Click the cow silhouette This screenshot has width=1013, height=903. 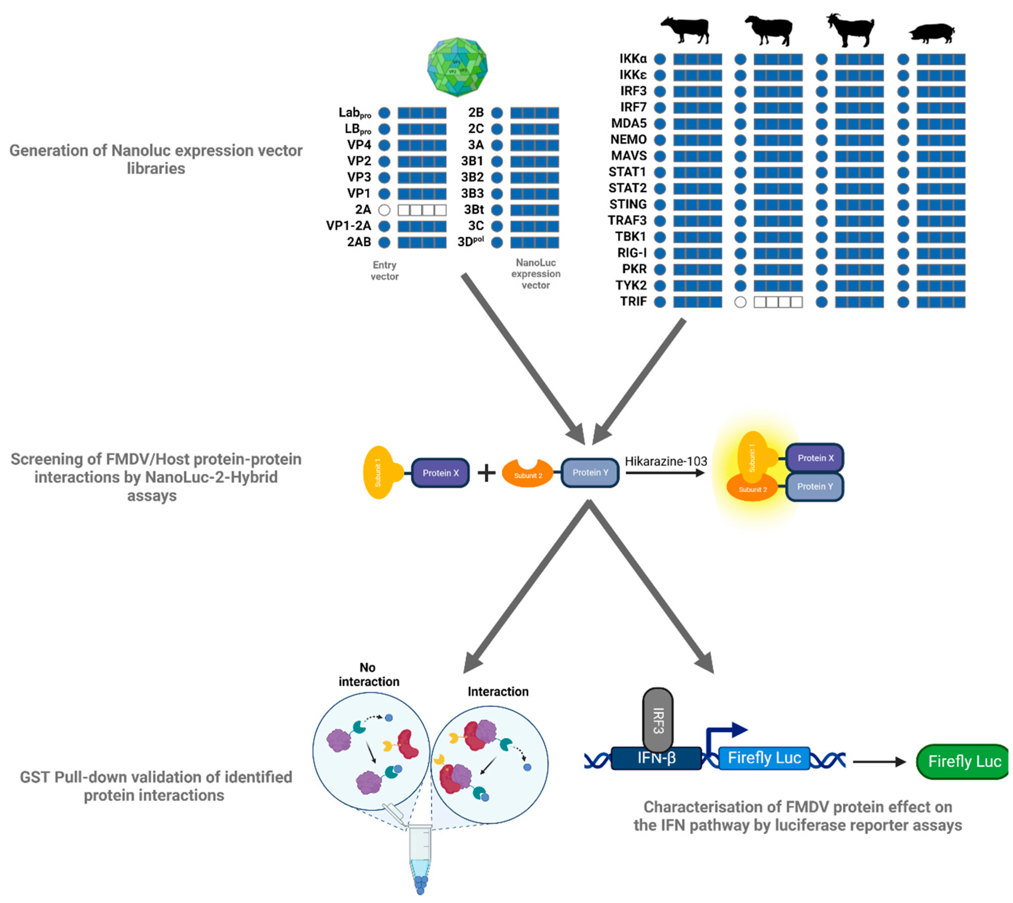[x=685, y=30]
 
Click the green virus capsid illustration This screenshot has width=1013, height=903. [x=457, y=66]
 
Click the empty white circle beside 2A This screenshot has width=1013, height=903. [x=384, y=210]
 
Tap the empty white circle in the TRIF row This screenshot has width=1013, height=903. [x=740, y=302]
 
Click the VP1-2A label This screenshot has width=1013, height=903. [x=349, y=226]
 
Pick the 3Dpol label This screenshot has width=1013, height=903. [x=470, y=242]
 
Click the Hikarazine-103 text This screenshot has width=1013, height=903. [x=666, y=462]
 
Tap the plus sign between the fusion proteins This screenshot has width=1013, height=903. [x=486, y=473]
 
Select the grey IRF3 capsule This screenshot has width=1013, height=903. [x=658, y=720]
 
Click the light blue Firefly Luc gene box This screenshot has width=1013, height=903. [x=764, y=758]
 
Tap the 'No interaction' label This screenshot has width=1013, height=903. [x=369, y=675]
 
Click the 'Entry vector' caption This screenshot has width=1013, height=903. [x=384, y=271]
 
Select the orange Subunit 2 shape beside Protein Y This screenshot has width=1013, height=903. [x=527, y=474]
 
